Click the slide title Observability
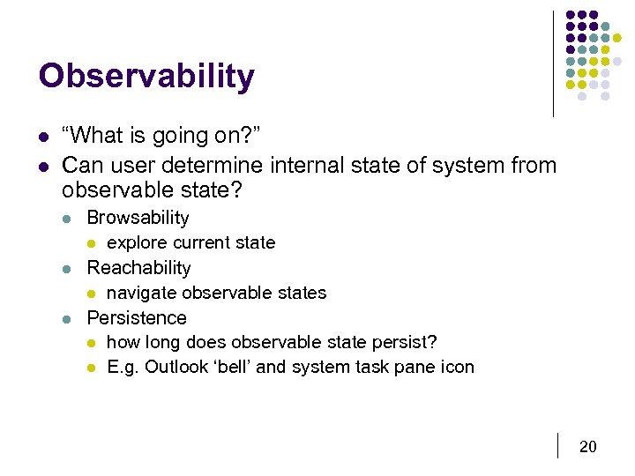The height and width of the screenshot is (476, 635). tap(146, 77)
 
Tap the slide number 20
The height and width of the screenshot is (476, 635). tap(587, 447)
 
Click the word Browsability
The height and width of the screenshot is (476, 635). tap(138, 218)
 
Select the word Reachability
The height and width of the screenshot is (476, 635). tap(138, 268)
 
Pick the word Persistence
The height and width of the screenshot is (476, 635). tap(137, 318)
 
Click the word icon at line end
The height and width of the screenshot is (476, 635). tap(457, 367)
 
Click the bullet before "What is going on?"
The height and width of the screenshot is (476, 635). tap(43, 137)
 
